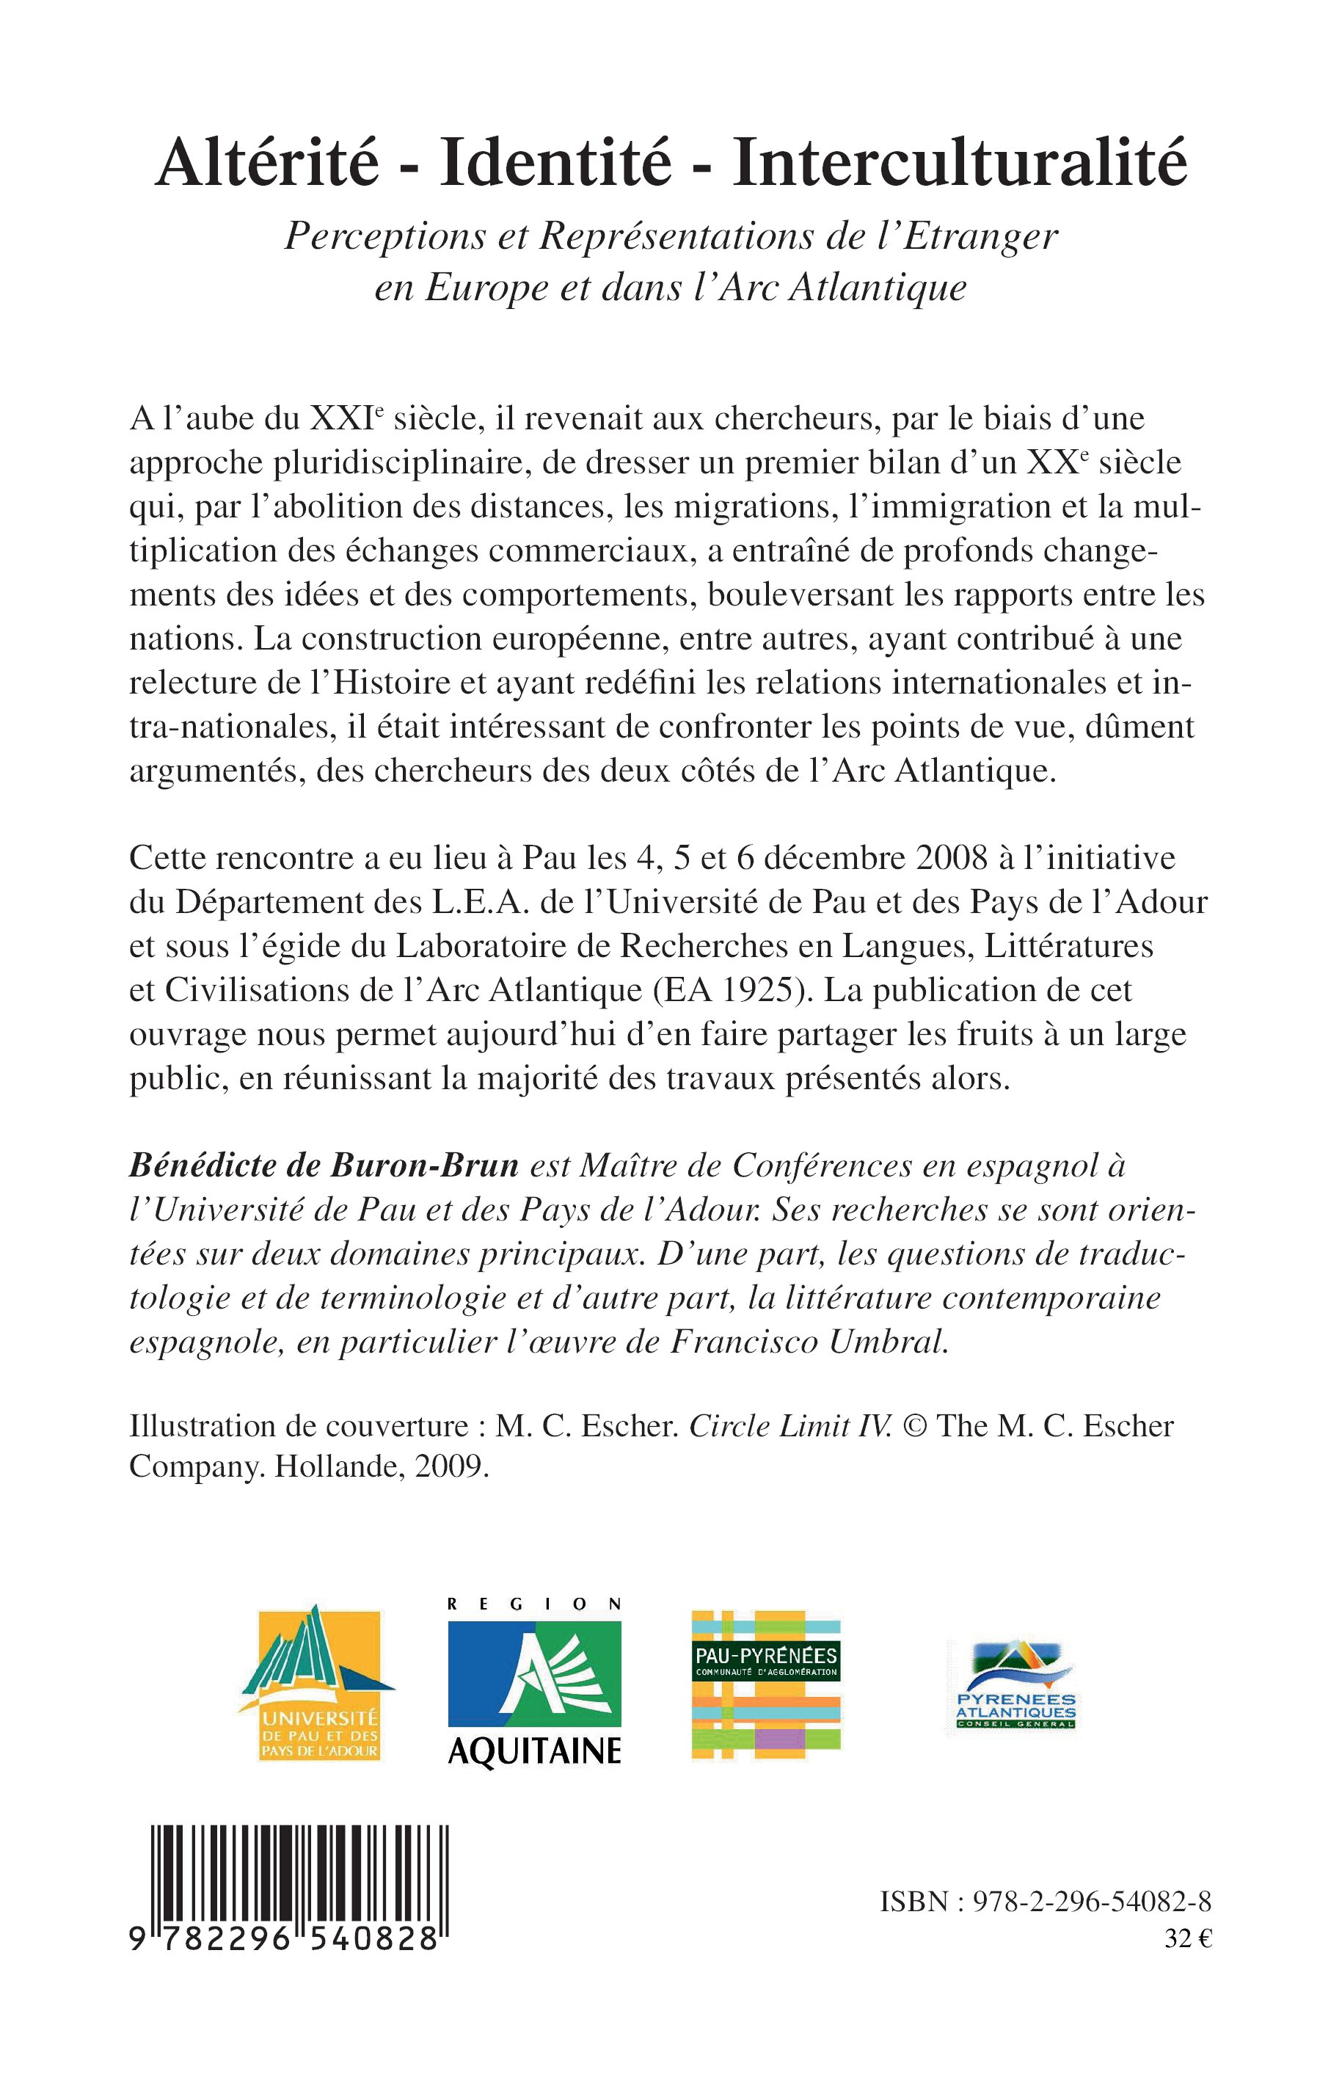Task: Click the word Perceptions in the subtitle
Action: pyautogui.click(x=385, y=237)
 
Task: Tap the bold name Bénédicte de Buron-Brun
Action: pyautogui.click(x=324, y=1165)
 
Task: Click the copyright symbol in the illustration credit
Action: pyautogui.click(x=915, y=1426)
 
